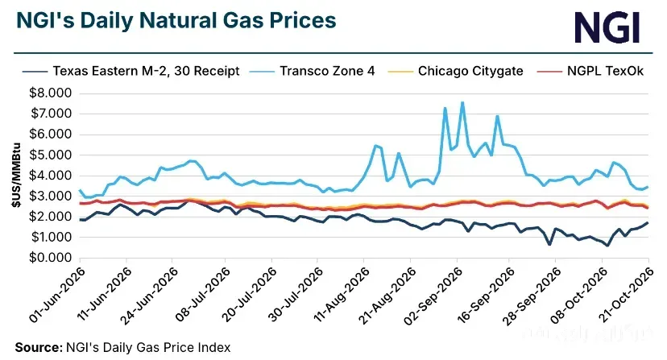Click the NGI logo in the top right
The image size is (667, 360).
click(607, 27)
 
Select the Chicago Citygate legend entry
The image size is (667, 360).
click(456, 71)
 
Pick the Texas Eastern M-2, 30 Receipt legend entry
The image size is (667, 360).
click(131, 71)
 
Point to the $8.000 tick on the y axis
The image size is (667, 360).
click(50, 93)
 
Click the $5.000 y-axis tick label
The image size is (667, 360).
click(50, 155)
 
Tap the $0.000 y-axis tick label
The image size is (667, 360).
click(50, 258)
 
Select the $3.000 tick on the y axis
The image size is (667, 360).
click(50, 196)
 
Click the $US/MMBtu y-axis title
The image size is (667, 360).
click(16, 175)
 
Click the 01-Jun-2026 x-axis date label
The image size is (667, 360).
click(57, 295)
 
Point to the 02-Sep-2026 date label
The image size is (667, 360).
click(433, 296)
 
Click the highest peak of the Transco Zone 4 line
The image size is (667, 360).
click(462, 102)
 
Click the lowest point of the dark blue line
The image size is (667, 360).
click(607, 246)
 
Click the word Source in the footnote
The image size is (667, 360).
click(39, 347)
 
